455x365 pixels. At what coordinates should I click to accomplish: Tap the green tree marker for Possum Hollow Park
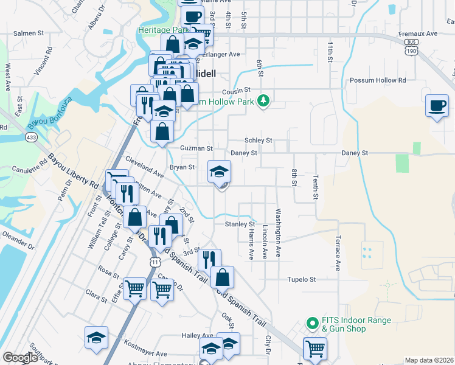263,100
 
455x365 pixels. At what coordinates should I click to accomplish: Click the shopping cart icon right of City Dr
315,349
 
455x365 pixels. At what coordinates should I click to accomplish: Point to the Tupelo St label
302,280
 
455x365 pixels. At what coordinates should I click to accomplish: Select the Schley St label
258,140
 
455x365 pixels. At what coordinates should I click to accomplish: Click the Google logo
20,358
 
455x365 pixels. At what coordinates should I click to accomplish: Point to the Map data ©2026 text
429,360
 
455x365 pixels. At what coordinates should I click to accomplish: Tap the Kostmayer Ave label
145,353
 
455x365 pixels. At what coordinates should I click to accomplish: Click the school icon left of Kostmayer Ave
96,338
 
